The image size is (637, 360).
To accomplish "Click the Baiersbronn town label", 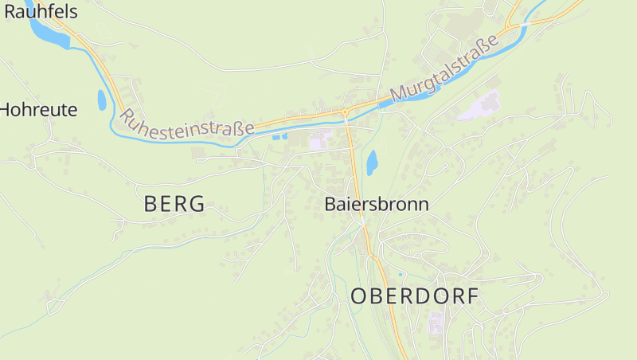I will (x=377, y=204).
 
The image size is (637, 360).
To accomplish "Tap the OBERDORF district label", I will (x=415, y=296).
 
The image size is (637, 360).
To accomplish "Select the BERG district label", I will (x=174, y=204).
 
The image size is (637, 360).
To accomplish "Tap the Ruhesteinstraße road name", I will (x=187, y=122).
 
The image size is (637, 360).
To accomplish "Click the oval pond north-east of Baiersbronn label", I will (x=371, y=162).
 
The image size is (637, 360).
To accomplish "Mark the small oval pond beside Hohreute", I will (x=101, y=100).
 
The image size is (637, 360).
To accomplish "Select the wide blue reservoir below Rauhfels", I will (x=49, y=33).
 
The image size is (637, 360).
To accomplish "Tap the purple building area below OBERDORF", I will (x=436, y=324).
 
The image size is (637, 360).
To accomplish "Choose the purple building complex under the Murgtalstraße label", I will (x=481, y=105).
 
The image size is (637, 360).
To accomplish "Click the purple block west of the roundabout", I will (x=319, y=141).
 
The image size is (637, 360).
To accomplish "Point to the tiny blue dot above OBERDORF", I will (x=401, y=275).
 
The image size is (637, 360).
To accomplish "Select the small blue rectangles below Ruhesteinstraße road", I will (x=280, y=137).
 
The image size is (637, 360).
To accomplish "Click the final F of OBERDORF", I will (x=473, y=296).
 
